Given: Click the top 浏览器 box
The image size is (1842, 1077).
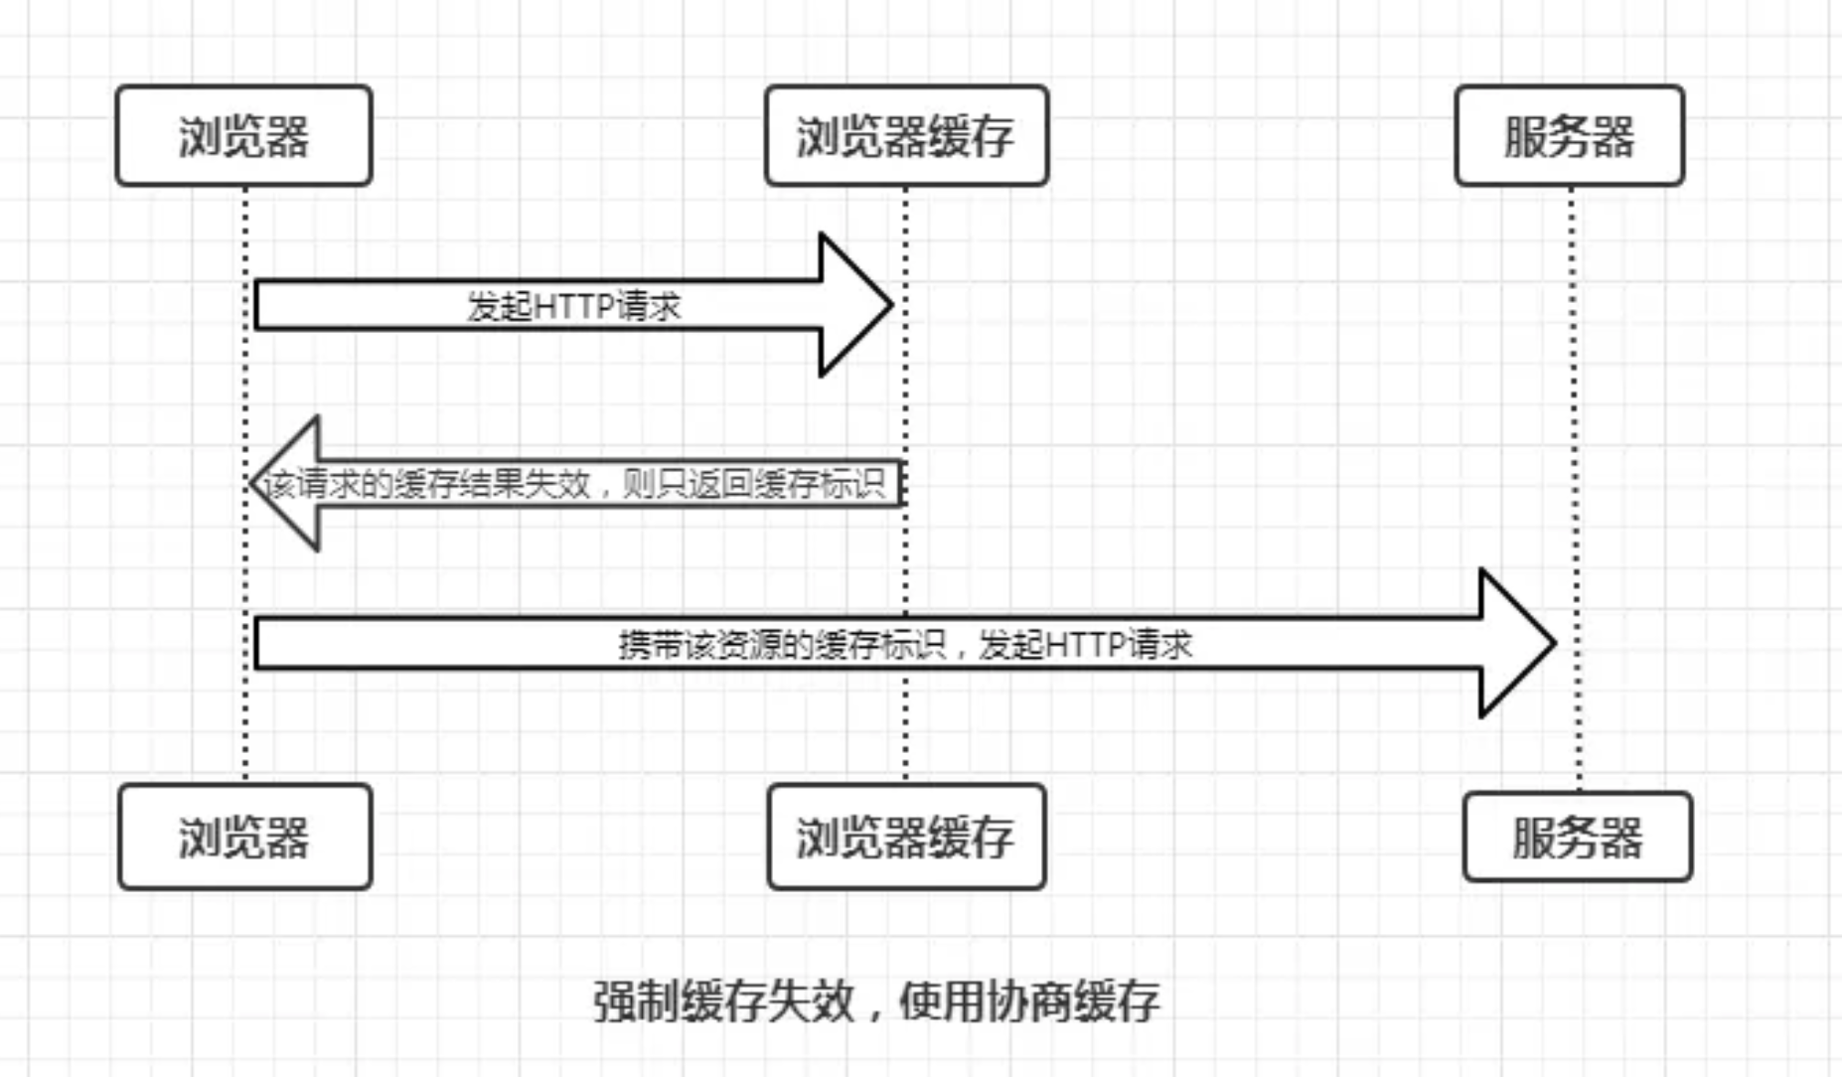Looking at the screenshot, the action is (243, 135).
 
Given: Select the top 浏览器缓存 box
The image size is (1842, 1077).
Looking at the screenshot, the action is (906, 135).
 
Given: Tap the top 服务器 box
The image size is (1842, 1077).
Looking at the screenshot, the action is (1570, 135).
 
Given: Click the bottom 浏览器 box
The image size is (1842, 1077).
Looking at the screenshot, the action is (244, 837).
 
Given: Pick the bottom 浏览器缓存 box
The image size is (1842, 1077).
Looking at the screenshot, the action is (906, 837).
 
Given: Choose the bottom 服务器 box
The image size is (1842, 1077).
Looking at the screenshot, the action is (1578, 837).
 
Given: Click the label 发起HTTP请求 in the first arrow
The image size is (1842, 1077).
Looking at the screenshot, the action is (574, 306).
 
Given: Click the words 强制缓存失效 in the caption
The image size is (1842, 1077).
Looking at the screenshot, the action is (724, 1000).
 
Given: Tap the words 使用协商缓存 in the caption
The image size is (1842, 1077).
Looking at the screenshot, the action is (1029, 1000).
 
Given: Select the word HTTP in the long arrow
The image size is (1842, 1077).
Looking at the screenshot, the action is (1084, 645).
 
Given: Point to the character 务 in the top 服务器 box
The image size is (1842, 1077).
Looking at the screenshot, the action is (1570, 136).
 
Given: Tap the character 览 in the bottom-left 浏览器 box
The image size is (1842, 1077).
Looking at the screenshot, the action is (244, 837).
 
